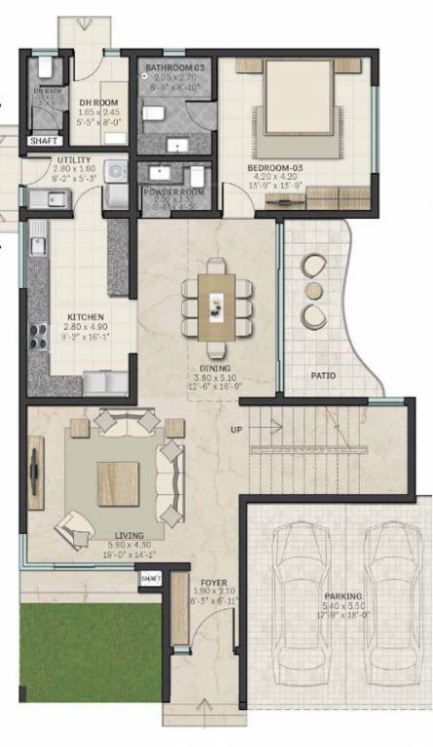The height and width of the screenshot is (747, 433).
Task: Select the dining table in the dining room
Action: pyautogui.click(x=216, y=304)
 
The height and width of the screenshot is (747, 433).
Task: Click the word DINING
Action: pyautogui.click(x=215, y=369)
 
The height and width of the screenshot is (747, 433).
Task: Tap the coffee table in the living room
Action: pyautogui.click(x=118, y=483)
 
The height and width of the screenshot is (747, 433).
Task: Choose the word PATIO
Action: pyautogui.click(x=324, y=374)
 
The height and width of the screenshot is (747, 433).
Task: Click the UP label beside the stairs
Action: pyautogui.click(x=236, y=430)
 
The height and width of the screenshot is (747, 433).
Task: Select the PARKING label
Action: pyautogui.click(x=343, y=595)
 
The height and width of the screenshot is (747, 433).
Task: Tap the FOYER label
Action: pyautogui.click(x=214, y=584)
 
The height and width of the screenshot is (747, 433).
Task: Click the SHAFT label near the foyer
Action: pyautogui.click(x=150, y=579)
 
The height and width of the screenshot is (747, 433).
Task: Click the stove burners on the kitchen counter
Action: pyautogui.click(x=39, y=336)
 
